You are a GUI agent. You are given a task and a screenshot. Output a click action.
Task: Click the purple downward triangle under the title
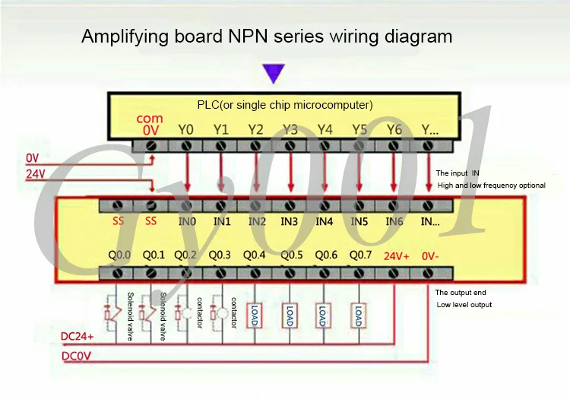coord(274,73)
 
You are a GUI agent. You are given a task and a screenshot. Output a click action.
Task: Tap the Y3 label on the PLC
coord(290,129)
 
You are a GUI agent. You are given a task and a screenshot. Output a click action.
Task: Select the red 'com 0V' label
coord(150,124)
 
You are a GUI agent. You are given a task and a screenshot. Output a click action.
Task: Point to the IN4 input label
coord(324,221)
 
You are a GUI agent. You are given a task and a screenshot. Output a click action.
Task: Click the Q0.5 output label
coord(292,255)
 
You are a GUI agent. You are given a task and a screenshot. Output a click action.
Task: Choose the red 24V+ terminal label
coord(396,256)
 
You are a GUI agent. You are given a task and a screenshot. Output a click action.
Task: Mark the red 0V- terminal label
coord(430,256)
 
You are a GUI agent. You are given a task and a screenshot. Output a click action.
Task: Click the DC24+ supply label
coord(77,336)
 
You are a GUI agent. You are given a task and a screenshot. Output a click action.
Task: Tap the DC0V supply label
coord(76,356)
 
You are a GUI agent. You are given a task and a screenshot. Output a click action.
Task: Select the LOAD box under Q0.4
coord(255,316)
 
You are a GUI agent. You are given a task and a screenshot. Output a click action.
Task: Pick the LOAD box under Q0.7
coord(359,316)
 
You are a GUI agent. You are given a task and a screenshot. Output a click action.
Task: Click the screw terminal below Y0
coord(186,146)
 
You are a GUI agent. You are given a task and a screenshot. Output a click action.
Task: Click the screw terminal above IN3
coord(290,206)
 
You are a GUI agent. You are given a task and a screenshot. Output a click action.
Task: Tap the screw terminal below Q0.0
coord(117,273)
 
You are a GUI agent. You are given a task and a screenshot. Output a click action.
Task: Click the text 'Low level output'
coord(464,304)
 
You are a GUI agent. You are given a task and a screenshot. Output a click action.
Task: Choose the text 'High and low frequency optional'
coord(492,185)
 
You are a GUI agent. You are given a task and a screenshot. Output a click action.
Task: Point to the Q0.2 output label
coord(185,255)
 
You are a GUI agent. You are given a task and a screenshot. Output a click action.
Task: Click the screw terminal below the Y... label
coord(427,146)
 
